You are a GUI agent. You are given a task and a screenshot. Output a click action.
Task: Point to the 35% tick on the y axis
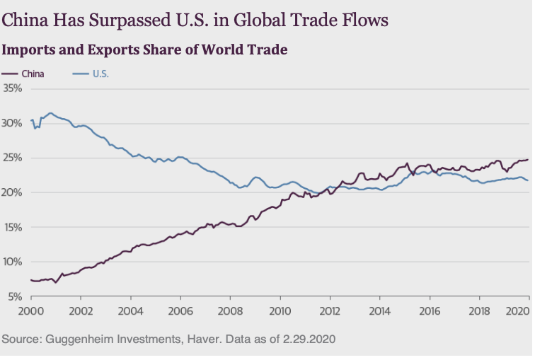coord(13,88)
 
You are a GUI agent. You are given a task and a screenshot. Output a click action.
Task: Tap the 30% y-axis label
coord(13,123)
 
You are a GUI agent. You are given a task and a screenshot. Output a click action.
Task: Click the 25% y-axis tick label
coord(13,158)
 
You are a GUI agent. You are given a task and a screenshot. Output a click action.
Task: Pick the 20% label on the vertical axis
coord(13,192)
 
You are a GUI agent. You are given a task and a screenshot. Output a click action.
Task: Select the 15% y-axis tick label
coord(13,227)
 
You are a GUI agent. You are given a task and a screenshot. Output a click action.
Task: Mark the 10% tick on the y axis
coord(13,262)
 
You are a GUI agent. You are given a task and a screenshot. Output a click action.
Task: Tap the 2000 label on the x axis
coord(31,310)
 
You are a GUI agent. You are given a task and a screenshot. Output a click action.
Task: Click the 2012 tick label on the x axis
coord(330,310)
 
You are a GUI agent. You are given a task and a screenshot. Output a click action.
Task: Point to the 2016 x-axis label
coord(430,310)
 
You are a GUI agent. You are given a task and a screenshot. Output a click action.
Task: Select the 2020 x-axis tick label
coord(518,310)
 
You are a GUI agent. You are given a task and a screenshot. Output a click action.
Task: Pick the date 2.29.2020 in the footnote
coord(306,339)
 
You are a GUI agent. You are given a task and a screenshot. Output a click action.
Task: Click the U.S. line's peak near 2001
coord(50,112)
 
